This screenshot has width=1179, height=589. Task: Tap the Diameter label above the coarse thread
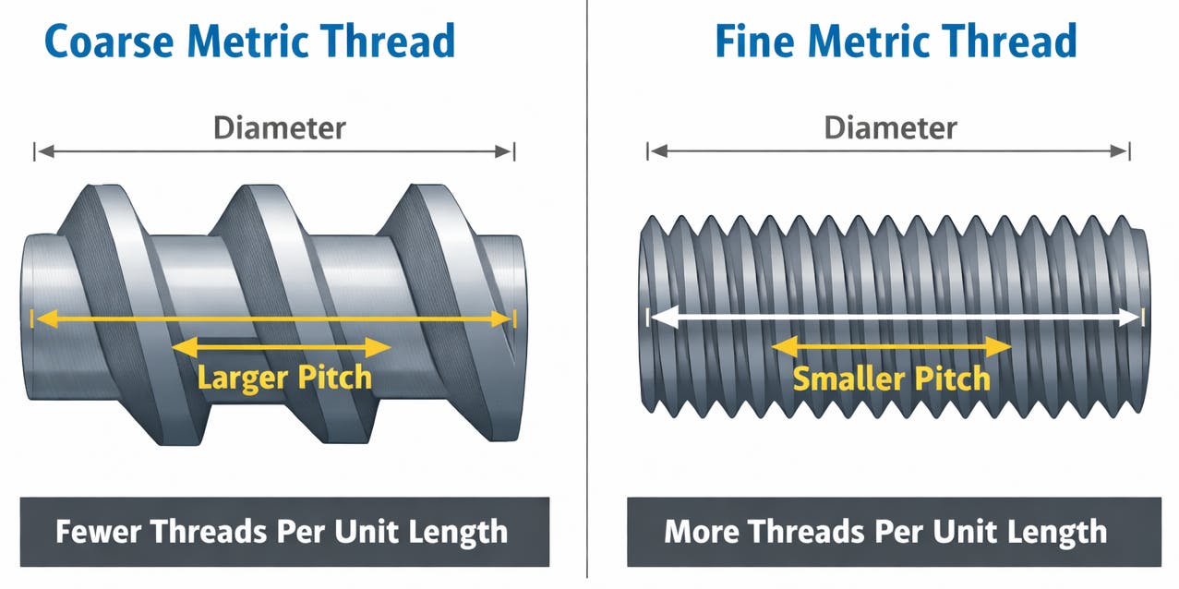279,127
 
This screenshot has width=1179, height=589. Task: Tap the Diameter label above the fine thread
890,127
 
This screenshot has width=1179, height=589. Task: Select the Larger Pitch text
284,377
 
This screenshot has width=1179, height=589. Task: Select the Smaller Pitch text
891,379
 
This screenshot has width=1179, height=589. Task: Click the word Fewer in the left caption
98,531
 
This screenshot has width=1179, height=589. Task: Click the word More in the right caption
702,531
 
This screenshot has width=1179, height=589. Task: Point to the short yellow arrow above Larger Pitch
283,347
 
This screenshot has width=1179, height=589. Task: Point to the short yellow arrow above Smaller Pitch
891,347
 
